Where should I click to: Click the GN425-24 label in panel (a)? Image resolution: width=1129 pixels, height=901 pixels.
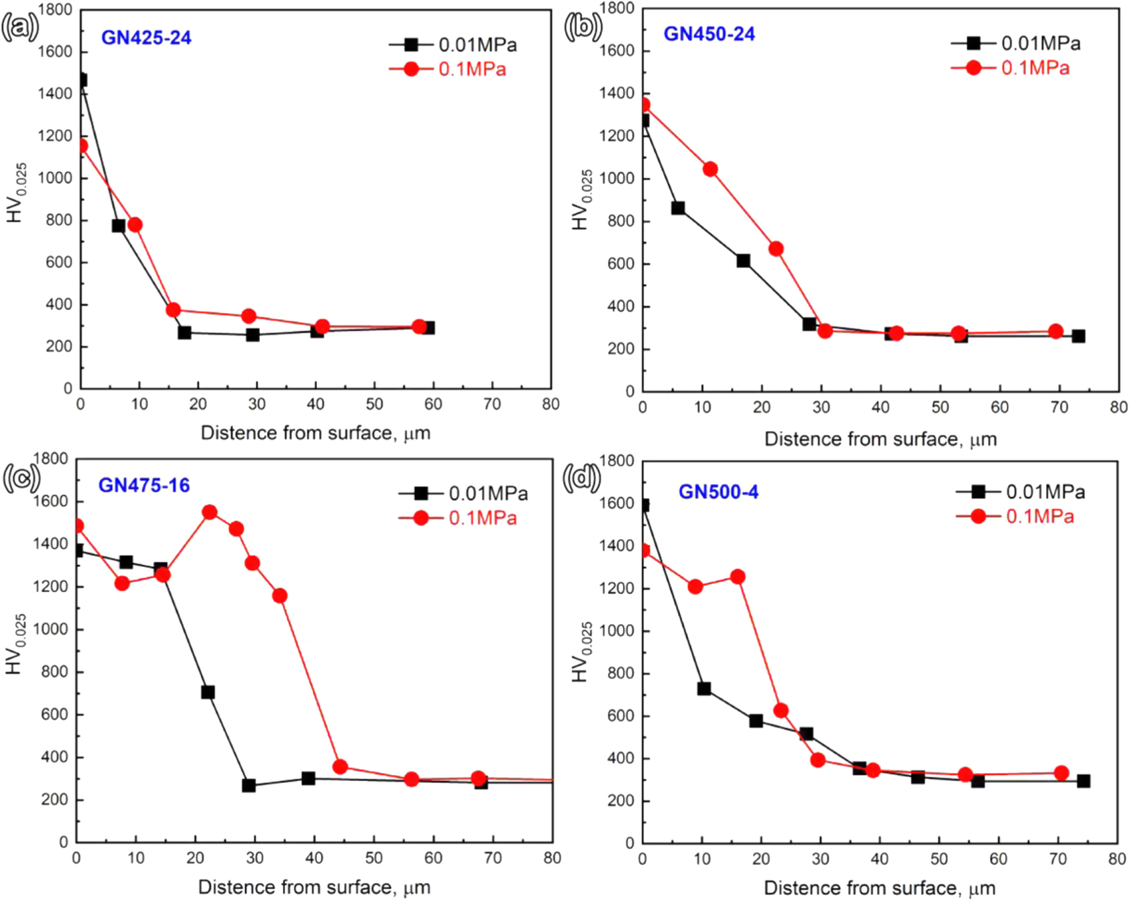pos(146,37)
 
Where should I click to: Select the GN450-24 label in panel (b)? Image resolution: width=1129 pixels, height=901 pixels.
pos(709,34)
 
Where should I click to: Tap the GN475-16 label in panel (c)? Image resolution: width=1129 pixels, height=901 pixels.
pos(144,486)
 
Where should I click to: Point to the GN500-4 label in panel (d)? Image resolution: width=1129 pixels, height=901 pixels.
pos(718,492)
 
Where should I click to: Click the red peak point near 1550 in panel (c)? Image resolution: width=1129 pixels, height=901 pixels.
pos(209,513)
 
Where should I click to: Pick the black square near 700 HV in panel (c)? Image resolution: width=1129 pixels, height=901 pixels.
pos(208,692)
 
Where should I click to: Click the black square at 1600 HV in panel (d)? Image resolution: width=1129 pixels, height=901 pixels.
pos(643,505)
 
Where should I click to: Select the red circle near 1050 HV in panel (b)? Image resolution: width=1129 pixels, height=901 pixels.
pos(710,169)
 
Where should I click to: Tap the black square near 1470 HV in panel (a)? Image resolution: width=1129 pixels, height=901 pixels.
pos(81,80)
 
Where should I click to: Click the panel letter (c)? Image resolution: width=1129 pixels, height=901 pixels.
pos(21,478)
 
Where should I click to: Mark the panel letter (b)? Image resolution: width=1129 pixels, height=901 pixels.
pos(582,28)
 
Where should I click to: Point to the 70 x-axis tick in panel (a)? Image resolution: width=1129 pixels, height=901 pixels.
pos(492,404)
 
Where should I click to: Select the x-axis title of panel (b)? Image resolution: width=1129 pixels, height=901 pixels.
pos(880,439)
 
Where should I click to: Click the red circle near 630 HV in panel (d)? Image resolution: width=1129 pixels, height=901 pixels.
pos(780,711)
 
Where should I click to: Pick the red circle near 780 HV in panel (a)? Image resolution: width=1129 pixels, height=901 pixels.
pos(135,225)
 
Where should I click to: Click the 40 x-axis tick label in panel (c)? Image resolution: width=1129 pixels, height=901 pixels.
pos(314,858)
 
